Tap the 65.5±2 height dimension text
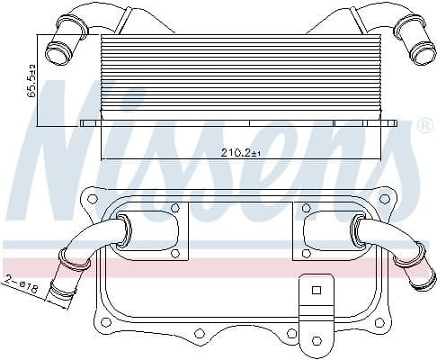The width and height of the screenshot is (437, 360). pos(31,80)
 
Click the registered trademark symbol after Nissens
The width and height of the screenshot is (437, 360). pos(424,127)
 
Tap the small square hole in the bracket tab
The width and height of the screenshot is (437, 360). pos(317,290)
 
